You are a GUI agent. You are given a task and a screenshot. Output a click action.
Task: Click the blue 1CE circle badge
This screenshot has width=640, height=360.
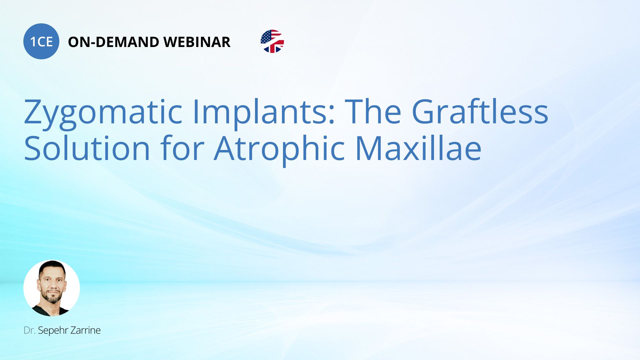(x=41, y=41)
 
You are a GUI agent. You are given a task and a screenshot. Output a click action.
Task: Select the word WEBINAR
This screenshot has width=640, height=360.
(x=197, y=42)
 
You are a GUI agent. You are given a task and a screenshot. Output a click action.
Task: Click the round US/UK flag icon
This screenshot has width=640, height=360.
(x=272, y=41)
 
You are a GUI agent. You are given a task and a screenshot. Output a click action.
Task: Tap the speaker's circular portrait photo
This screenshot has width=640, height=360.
(x=52, y=288)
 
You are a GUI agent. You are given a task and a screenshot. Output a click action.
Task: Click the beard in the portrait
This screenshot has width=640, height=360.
(x=52, y=296)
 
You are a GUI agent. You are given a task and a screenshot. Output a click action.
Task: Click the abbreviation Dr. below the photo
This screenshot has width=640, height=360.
(x=29, y=330)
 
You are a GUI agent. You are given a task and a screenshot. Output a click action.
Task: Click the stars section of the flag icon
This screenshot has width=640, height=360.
(x=266, y=37)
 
